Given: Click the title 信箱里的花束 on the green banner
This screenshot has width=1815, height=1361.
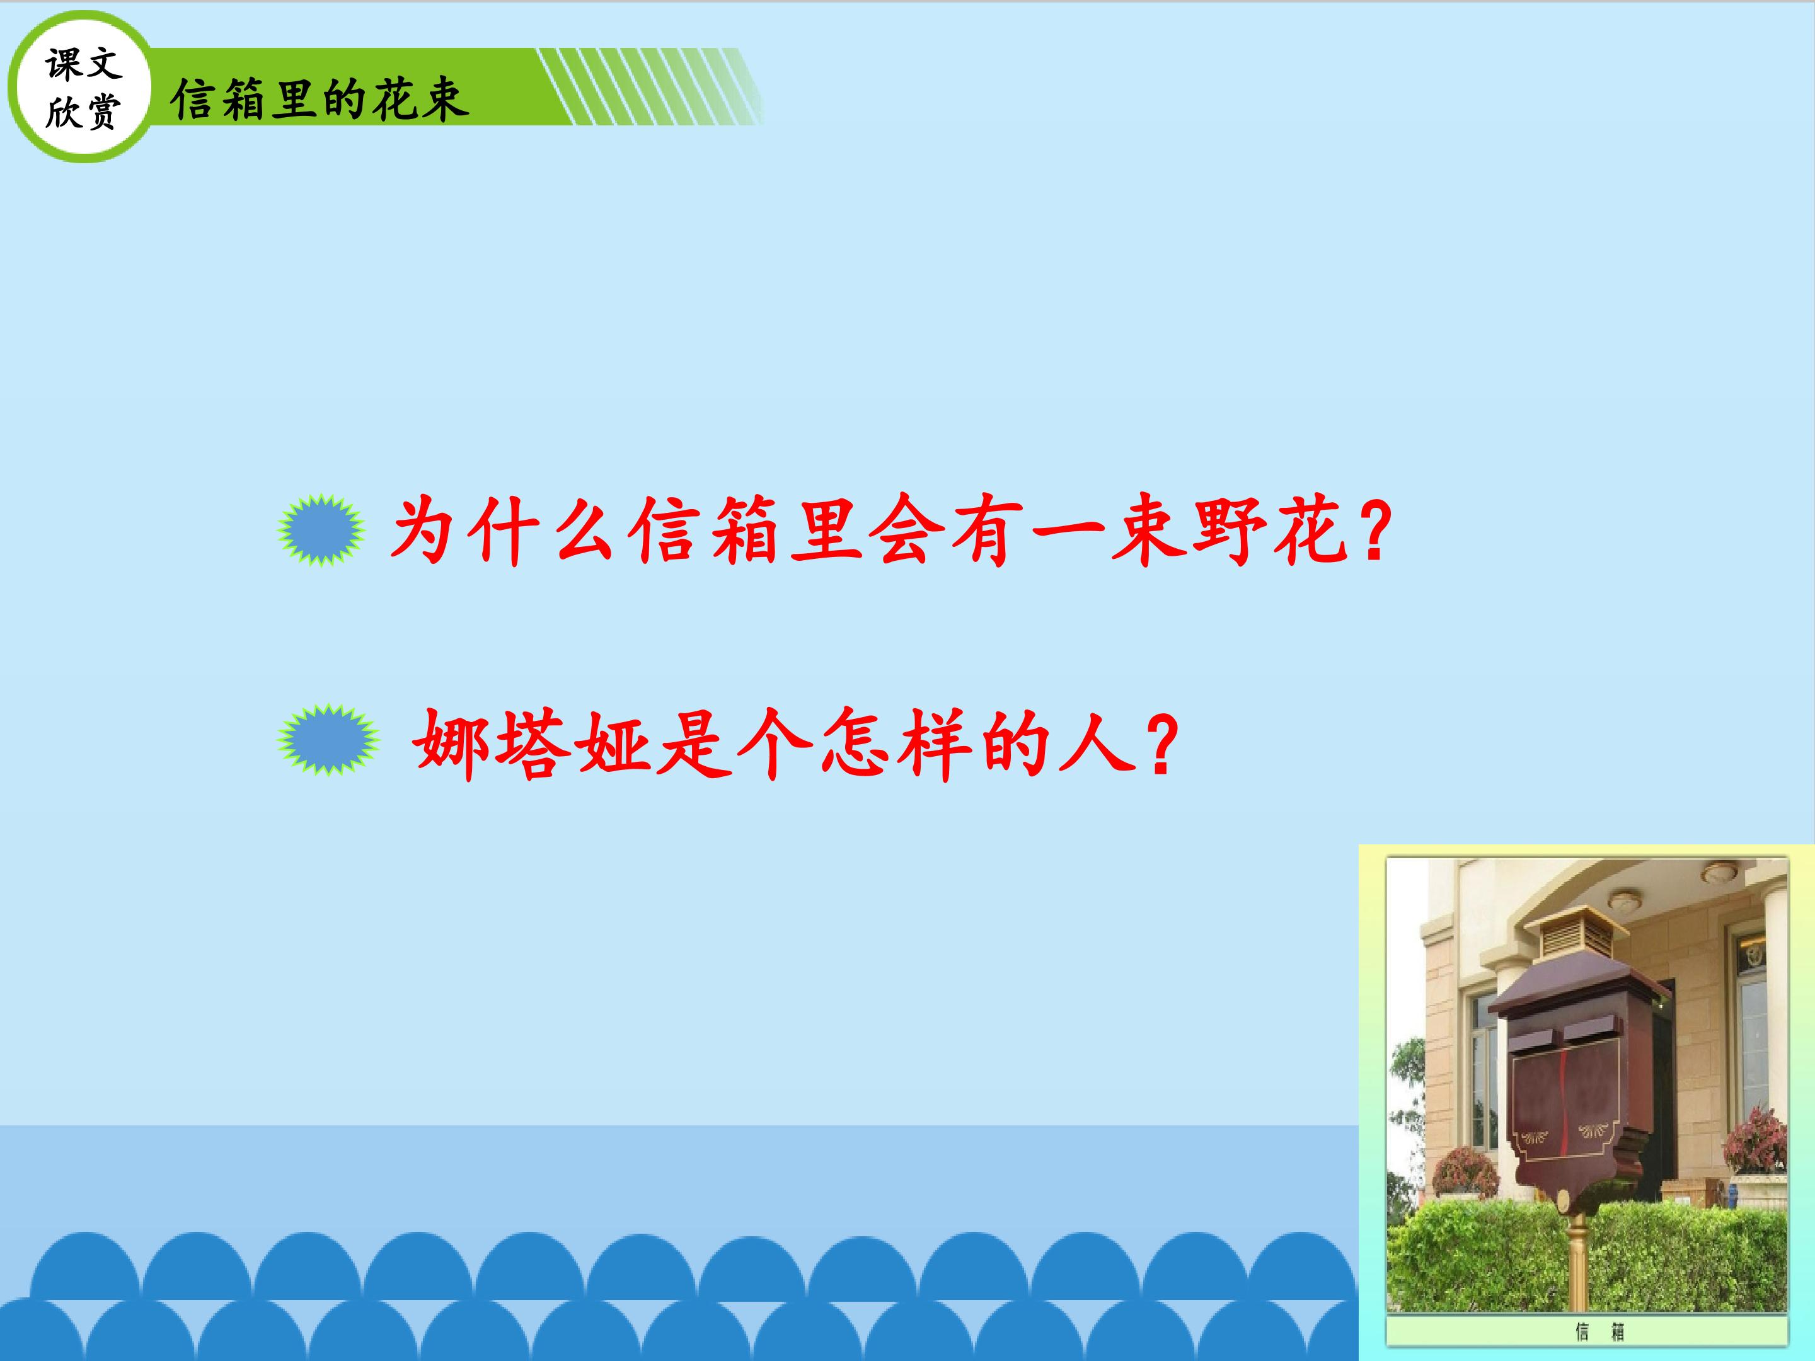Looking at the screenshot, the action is click(x=320, y=100).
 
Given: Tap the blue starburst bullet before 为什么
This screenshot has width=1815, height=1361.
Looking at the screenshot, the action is click(x=321, y=531).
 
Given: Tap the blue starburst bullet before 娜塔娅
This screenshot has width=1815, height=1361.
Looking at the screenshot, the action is click(x=328, y=739).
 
